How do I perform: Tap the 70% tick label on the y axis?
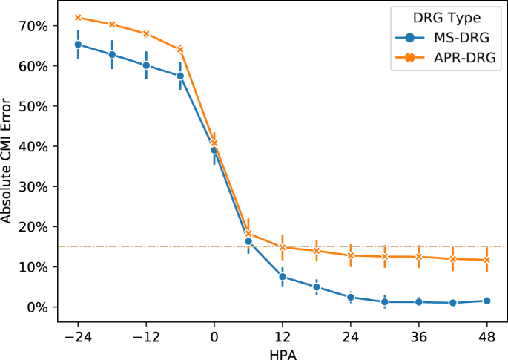(x=35, y=26)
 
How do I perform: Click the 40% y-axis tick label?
(x=35, y=146)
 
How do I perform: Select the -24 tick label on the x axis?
(x=77, y=336)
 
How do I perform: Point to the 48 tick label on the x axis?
(x=487, y=336)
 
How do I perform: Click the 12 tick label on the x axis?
(x=283, y=336)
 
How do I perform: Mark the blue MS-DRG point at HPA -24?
(x=78, y=45)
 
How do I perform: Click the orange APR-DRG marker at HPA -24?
(x=78, y=17)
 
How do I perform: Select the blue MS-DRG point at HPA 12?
(x=283, y=277)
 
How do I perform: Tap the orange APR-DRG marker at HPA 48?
(x=487, y=260)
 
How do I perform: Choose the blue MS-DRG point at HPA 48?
(x=487, y=301)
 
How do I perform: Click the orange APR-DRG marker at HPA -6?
(x=180, y=50)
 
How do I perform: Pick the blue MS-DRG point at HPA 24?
(x=351, y=297)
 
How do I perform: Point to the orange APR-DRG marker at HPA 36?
(x=419, y=257)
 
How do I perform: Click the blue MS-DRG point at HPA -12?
(x=146, y=65)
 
